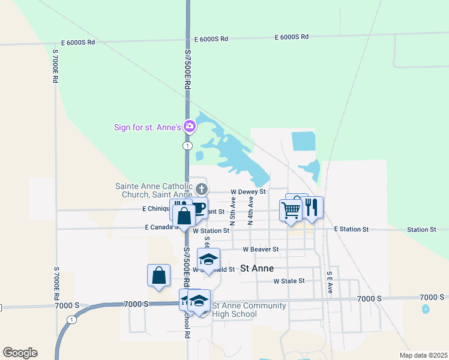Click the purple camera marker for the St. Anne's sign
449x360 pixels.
(190, 126)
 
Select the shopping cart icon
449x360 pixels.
(291, 210)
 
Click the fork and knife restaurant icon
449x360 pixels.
(311, 208)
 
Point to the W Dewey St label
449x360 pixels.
(248, 192)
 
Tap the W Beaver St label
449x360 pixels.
(261, 249)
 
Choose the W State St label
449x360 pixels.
(289, 281)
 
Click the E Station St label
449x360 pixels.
(351, 230)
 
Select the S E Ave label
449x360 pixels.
(330, 282)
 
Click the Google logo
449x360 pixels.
(20, 353)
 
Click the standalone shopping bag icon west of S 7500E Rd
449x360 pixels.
(158, 276)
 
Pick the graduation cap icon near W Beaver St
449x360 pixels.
(209, 259)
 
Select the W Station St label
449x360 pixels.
(211, 230)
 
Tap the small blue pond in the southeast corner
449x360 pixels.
(426, 309)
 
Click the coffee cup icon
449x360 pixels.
(199, 207)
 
